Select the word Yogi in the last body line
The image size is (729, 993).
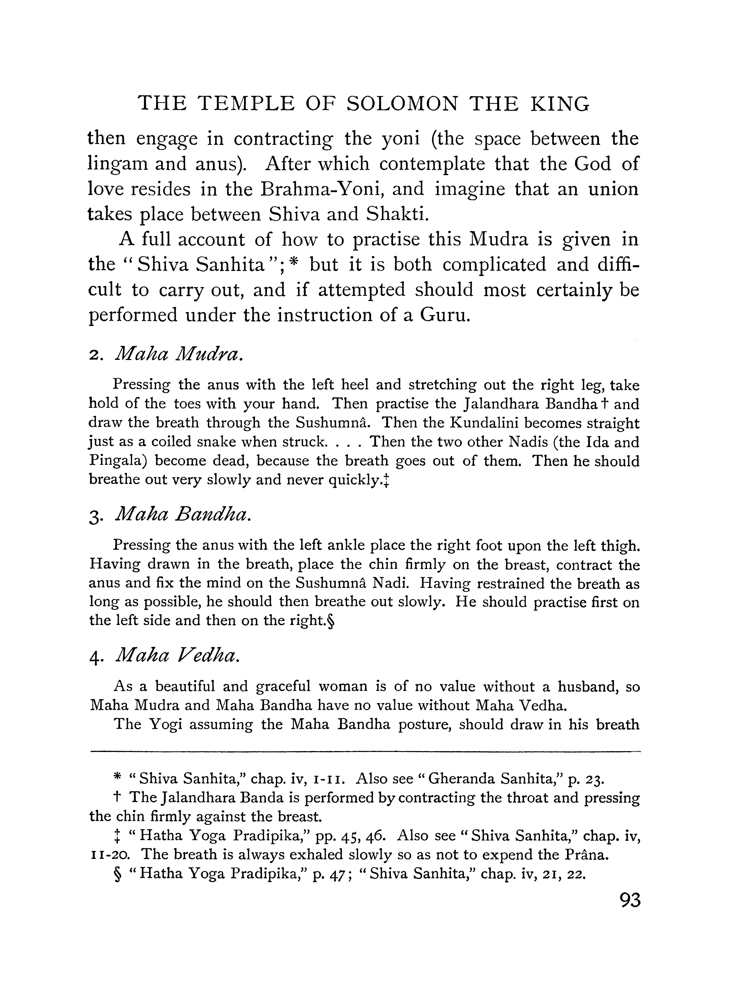pos(165,725)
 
